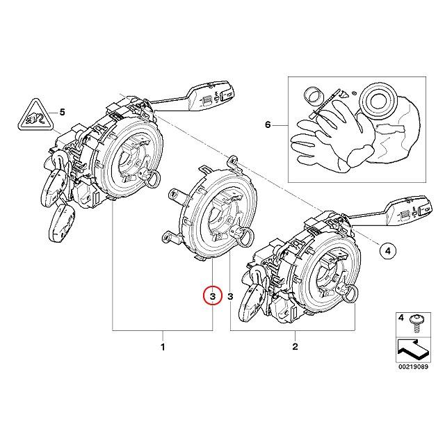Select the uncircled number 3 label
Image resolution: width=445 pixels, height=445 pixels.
pos(229,296)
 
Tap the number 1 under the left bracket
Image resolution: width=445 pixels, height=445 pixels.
pos(163,346)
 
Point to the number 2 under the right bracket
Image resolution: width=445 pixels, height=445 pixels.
pos(294,346)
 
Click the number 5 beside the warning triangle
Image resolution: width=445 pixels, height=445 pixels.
pos(60,111)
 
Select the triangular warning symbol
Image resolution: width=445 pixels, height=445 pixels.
pos(33,115)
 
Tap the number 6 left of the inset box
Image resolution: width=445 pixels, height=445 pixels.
pos(267,125)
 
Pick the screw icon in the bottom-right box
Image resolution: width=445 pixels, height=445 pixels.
pos(416,321)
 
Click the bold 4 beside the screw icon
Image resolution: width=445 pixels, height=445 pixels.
pos(400,318)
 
